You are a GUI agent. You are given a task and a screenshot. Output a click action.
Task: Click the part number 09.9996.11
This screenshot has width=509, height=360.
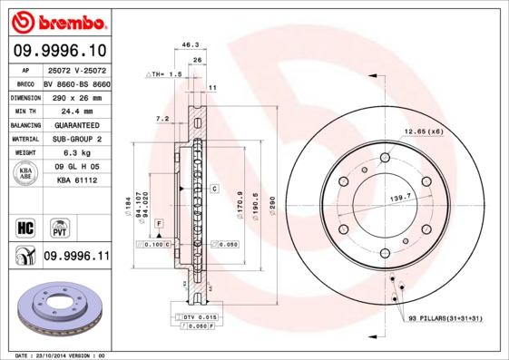coord(75,257)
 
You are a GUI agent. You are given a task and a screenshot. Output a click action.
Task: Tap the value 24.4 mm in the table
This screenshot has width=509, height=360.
coord(75,110)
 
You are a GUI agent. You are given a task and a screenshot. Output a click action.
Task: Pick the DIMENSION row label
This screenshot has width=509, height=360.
coord(25,95)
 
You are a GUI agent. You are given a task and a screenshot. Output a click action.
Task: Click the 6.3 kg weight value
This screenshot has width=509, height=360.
coord(75,153)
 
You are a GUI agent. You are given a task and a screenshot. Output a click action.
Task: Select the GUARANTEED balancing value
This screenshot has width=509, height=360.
coord(75,124)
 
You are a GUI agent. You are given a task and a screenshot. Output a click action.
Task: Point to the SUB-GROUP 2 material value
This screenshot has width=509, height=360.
coord(75,139)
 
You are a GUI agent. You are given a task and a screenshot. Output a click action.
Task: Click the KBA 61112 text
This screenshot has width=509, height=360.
coord(75,181)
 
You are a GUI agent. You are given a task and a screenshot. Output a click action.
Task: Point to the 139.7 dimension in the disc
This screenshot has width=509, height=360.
coord(400,196)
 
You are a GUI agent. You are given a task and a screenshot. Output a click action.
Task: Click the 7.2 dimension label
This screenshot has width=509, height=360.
coord(162,119)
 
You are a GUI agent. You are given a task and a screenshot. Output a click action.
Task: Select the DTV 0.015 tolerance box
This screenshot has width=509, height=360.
coord(199,316)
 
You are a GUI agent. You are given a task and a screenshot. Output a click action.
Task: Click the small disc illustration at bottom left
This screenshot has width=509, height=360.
coord(56,311)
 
